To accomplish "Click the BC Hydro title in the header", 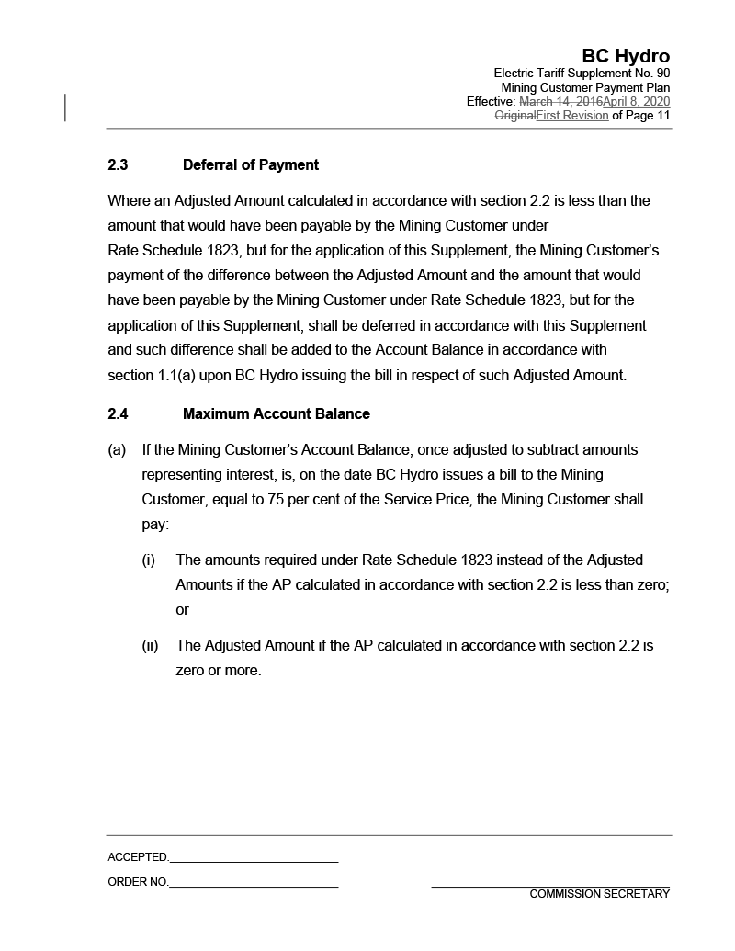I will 626,56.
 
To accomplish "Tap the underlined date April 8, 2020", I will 636,101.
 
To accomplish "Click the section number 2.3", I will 118,165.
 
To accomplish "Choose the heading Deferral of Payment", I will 251,165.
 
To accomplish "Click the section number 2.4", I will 118,414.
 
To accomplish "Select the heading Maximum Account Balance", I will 277,414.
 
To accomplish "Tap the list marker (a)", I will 117,450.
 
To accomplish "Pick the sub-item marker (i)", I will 148,560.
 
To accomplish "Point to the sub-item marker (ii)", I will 150,646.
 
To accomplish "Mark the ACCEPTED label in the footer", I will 138,857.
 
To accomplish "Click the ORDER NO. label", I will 138,882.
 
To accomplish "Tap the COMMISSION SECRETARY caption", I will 599,894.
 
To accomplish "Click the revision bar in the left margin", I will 65,108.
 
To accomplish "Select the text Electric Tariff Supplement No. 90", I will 582,73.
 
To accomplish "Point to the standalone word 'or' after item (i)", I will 182,610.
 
